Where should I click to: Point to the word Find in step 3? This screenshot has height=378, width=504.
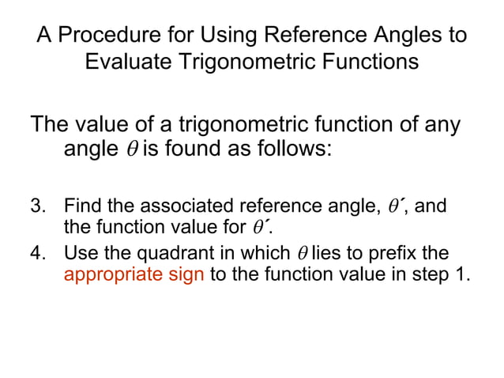click(81, 207)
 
